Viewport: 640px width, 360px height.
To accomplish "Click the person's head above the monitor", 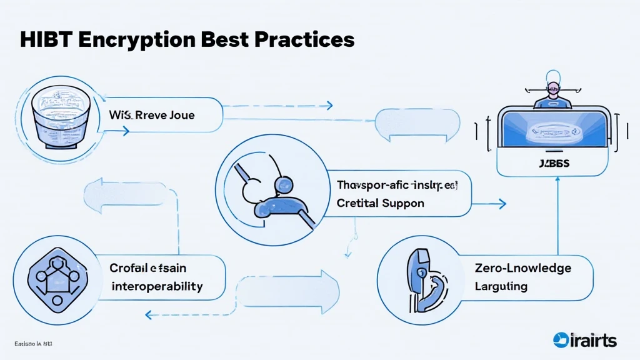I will [x=552, y=82].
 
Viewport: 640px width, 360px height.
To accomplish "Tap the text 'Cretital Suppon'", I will [x=380, y=203].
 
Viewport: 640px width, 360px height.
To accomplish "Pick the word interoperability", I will [x=157, y=286].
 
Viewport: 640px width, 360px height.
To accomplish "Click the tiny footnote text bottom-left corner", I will [x=32, y=344].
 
